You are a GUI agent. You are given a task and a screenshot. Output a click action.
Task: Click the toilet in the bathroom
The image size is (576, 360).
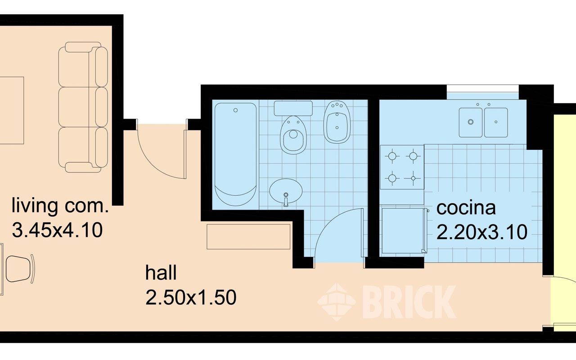[293, 135]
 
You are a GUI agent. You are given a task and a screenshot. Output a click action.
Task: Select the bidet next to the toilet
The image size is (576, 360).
[337, 122]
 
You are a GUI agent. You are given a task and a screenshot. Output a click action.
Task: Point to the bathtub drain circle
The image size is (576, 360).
[235, 110]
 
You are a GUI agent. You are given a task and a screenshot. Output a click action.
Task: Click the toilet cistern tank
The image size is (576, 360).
[293, 108]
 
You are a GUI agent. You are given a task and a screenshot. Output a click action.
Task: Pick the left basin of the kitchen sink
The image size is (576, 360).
[471, 122]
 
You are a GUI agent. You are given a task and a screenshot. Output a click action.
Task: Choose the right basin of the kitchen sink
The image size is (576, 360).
[496, 122]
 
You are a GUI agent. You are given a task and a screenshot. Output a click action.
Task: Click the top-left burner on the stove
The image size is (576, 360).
[392, 156]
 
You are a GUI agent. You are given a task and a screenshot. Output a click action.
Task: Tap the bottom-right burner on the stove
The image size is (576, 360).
[413, 178]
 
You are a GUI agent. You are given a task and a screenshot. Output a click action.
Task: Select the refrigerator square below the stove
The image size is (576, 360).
[403, 231]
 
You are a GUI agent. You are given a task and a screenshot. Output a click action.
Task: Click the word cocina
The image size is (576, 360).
[466, 208]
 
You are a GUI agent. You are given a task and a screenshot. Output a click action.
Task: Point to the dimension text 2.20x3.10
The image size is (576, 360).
[482, 232]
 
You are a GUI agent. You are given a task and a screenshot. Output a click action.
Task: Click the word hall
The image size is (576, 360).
[161, 273]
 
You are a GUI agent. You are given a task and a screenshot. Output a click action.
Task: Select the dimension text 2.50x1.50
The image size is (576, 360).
[191, 297]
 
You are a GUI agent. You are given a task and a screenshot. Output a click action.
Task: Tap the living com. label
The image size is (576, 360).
[60, 206]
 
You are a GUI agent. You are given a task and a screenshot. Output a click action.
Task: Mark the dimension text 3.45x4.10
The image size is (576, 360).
[57, 230]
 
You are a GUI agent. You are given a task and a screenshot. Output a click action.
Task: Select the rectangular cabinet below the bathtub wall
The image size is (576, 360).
[248, 237]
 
